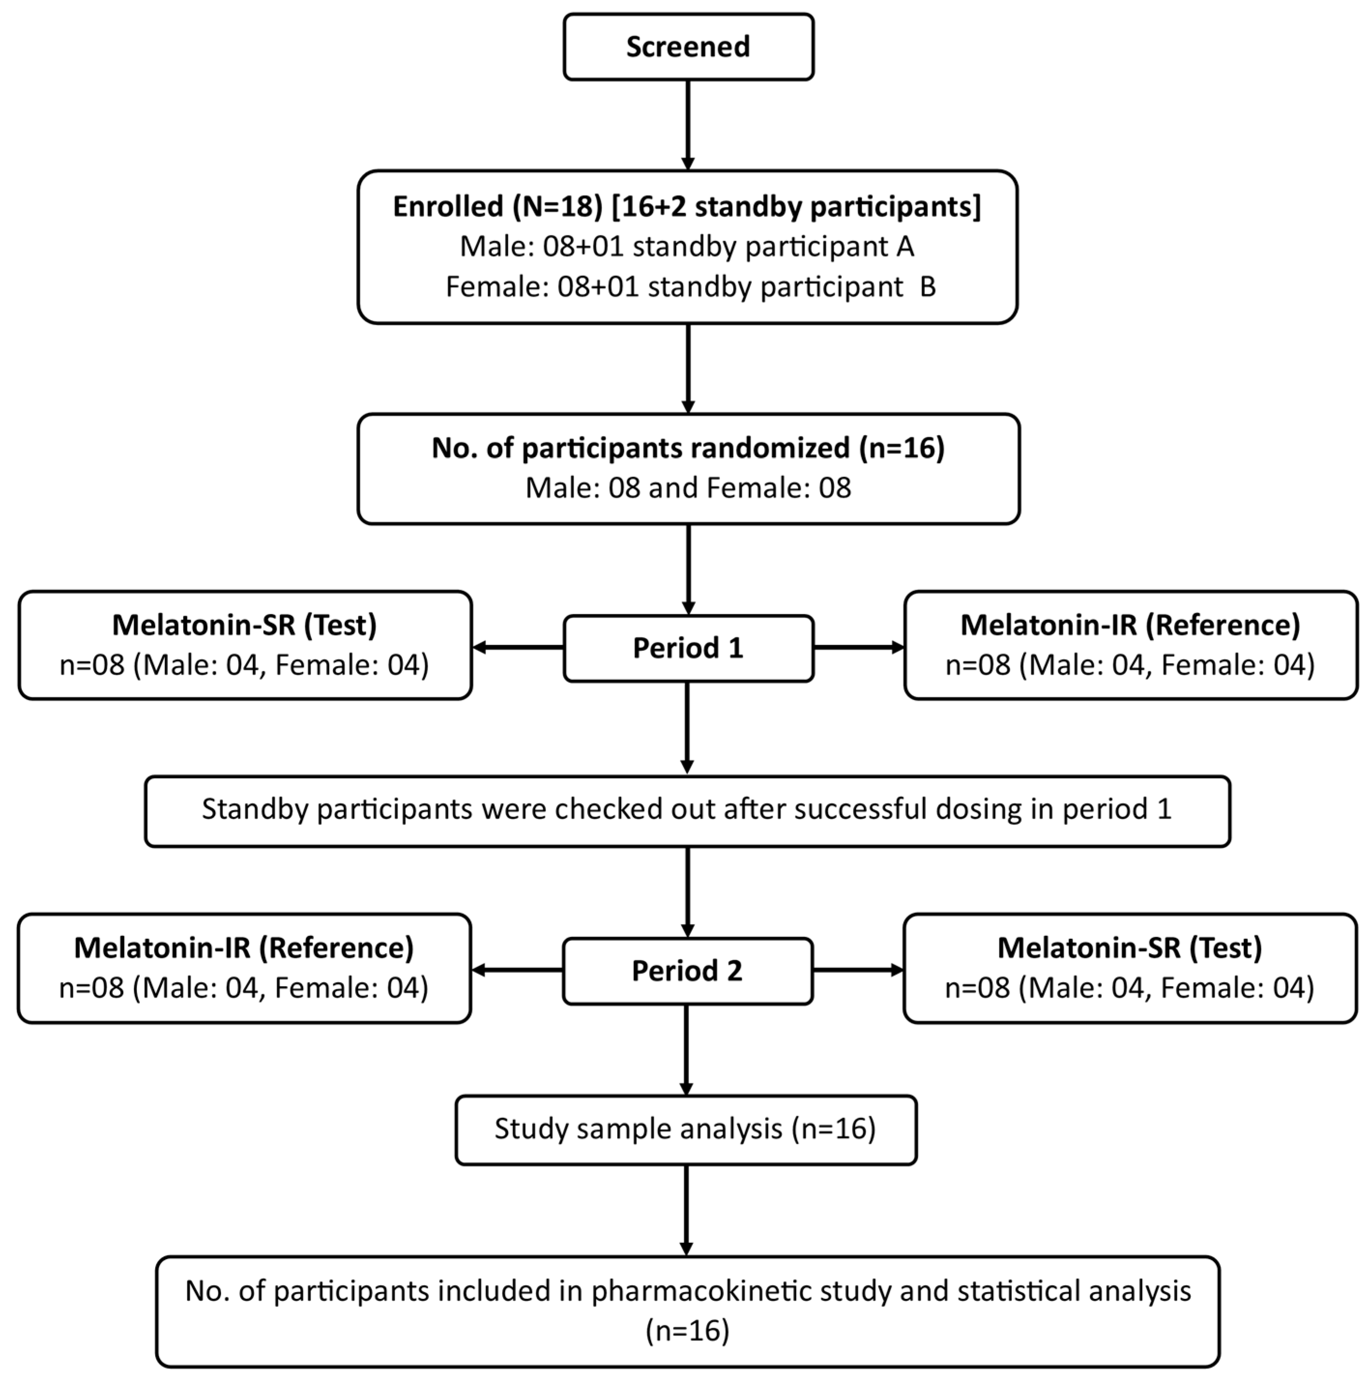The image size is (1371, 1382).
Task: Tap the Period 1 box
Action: [x=688, y=648]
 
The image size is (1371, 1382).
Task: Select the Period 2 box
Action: [x=687, y=971]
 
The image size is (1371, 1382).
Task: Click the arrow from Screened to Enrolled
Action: [x=688, y=125]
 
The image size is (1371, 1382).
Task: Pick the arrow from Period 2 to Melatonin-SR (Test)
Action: [x=858, y=971]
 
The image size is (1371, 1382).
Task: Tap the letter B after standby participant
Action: [x=927, y=287]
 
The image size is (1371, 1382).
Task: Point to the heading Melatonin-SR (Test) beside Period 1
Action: [x=245, y=625]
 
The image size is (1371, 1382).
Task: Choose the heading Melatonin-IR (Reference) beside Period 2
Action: [x=244, y=948]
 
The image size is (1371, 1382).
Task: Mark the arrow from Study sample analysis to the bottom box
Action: [x=686, y=1209]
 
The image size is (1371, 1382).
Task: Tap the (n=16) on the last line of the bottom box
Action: [x=687, y=1331]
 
